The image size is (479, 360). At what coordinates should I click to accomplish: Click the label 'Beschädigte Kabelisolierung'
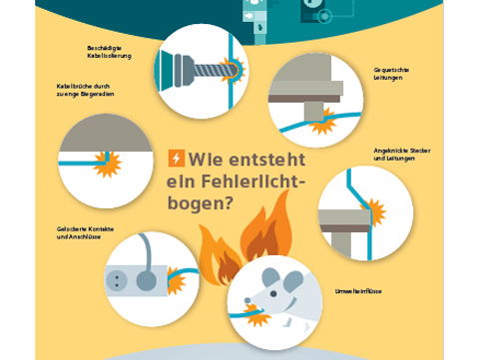[x=107, y=52]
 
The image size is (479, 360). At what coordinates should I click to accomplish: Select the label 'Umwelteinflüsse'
[x=351, y=292]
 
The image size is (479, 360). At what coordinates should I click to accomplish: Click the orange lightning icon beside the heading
[x=176, y=159]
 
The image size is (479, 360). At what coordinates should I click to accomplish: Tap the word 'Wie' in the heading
[x=209, y=159]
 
